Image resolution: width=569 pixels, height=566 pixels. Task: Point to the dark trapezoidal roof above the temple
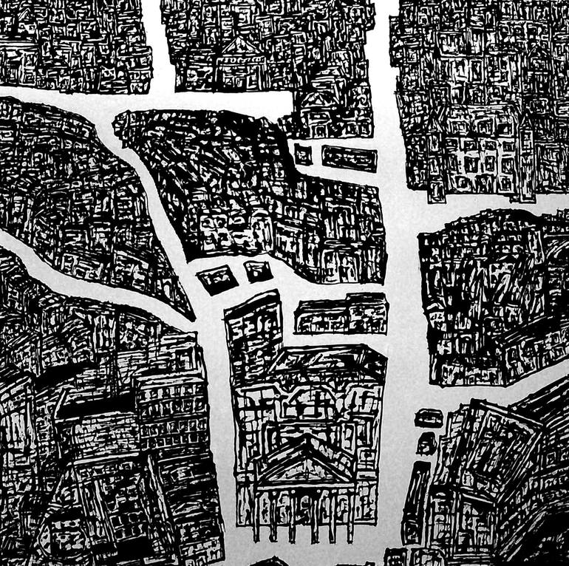pos(325,362)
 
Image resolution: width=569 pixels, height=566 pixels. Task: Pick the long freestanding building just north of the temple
pos(341,313)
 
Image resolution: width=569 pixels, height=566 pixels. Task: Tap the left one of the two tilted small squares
pos(217,279)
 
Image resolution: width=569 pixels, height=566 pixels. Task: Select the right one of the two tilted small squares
pos(257,270)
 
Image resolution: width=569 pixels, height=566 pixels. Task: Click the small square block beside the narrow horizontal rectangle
pos(303,154)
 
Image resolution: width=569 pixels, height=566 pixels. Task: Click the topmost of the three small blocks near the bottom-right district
pos(427,417)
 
